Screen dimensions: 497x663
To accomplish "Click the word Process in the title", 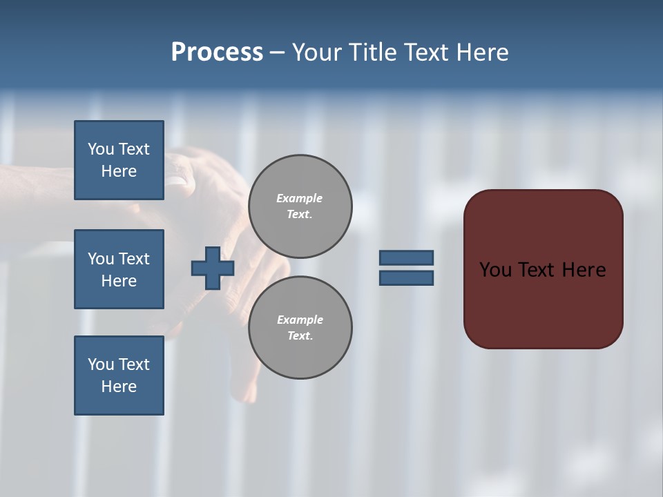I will pyautogui.click(x=217, y=52).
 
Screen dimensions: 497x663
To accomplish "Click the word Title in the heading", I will pyautogui.click(x=374, y=52).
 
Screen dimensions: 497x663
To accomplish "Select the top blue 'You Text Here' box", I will pyautogui.click(x=119, y=160).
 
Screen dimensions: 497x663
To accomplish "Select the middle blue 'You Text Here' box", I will pyautogui.click(x=119, y=269).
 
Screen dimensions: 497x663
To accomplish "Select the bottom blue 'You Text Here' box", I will pyautogui.click(x=119, y=376).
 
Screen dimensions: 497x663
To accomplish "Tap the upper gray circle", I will pyautogui.click(x=300, y=206).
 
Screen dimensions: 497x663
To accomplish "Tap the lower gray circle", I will pyautogui.click(x=300, y=328).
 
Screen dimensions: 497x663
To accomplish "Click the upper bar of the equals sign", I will pyautogui.click(x=406, y=257).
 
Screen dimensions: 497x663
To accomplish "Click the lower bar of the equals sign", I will pyautogui.click(x=406, y=278).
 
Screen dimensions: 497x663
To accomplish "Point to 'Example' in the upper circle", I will pyautogui.click(x=299, y=198).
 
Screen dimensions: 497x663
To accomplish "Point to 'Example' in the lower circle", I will pyautogui.click(x=299, y=320).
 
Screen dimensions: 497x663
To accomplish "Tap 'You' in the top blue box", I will pyautogui.click(x=101, y=149).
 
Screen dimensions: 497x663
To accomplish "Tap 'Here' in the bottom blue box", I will pyautogui.click(x=119, y=387).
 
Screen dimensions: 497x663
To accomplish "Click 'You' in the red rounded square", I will pyautogui.click(x=495, y=270).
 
